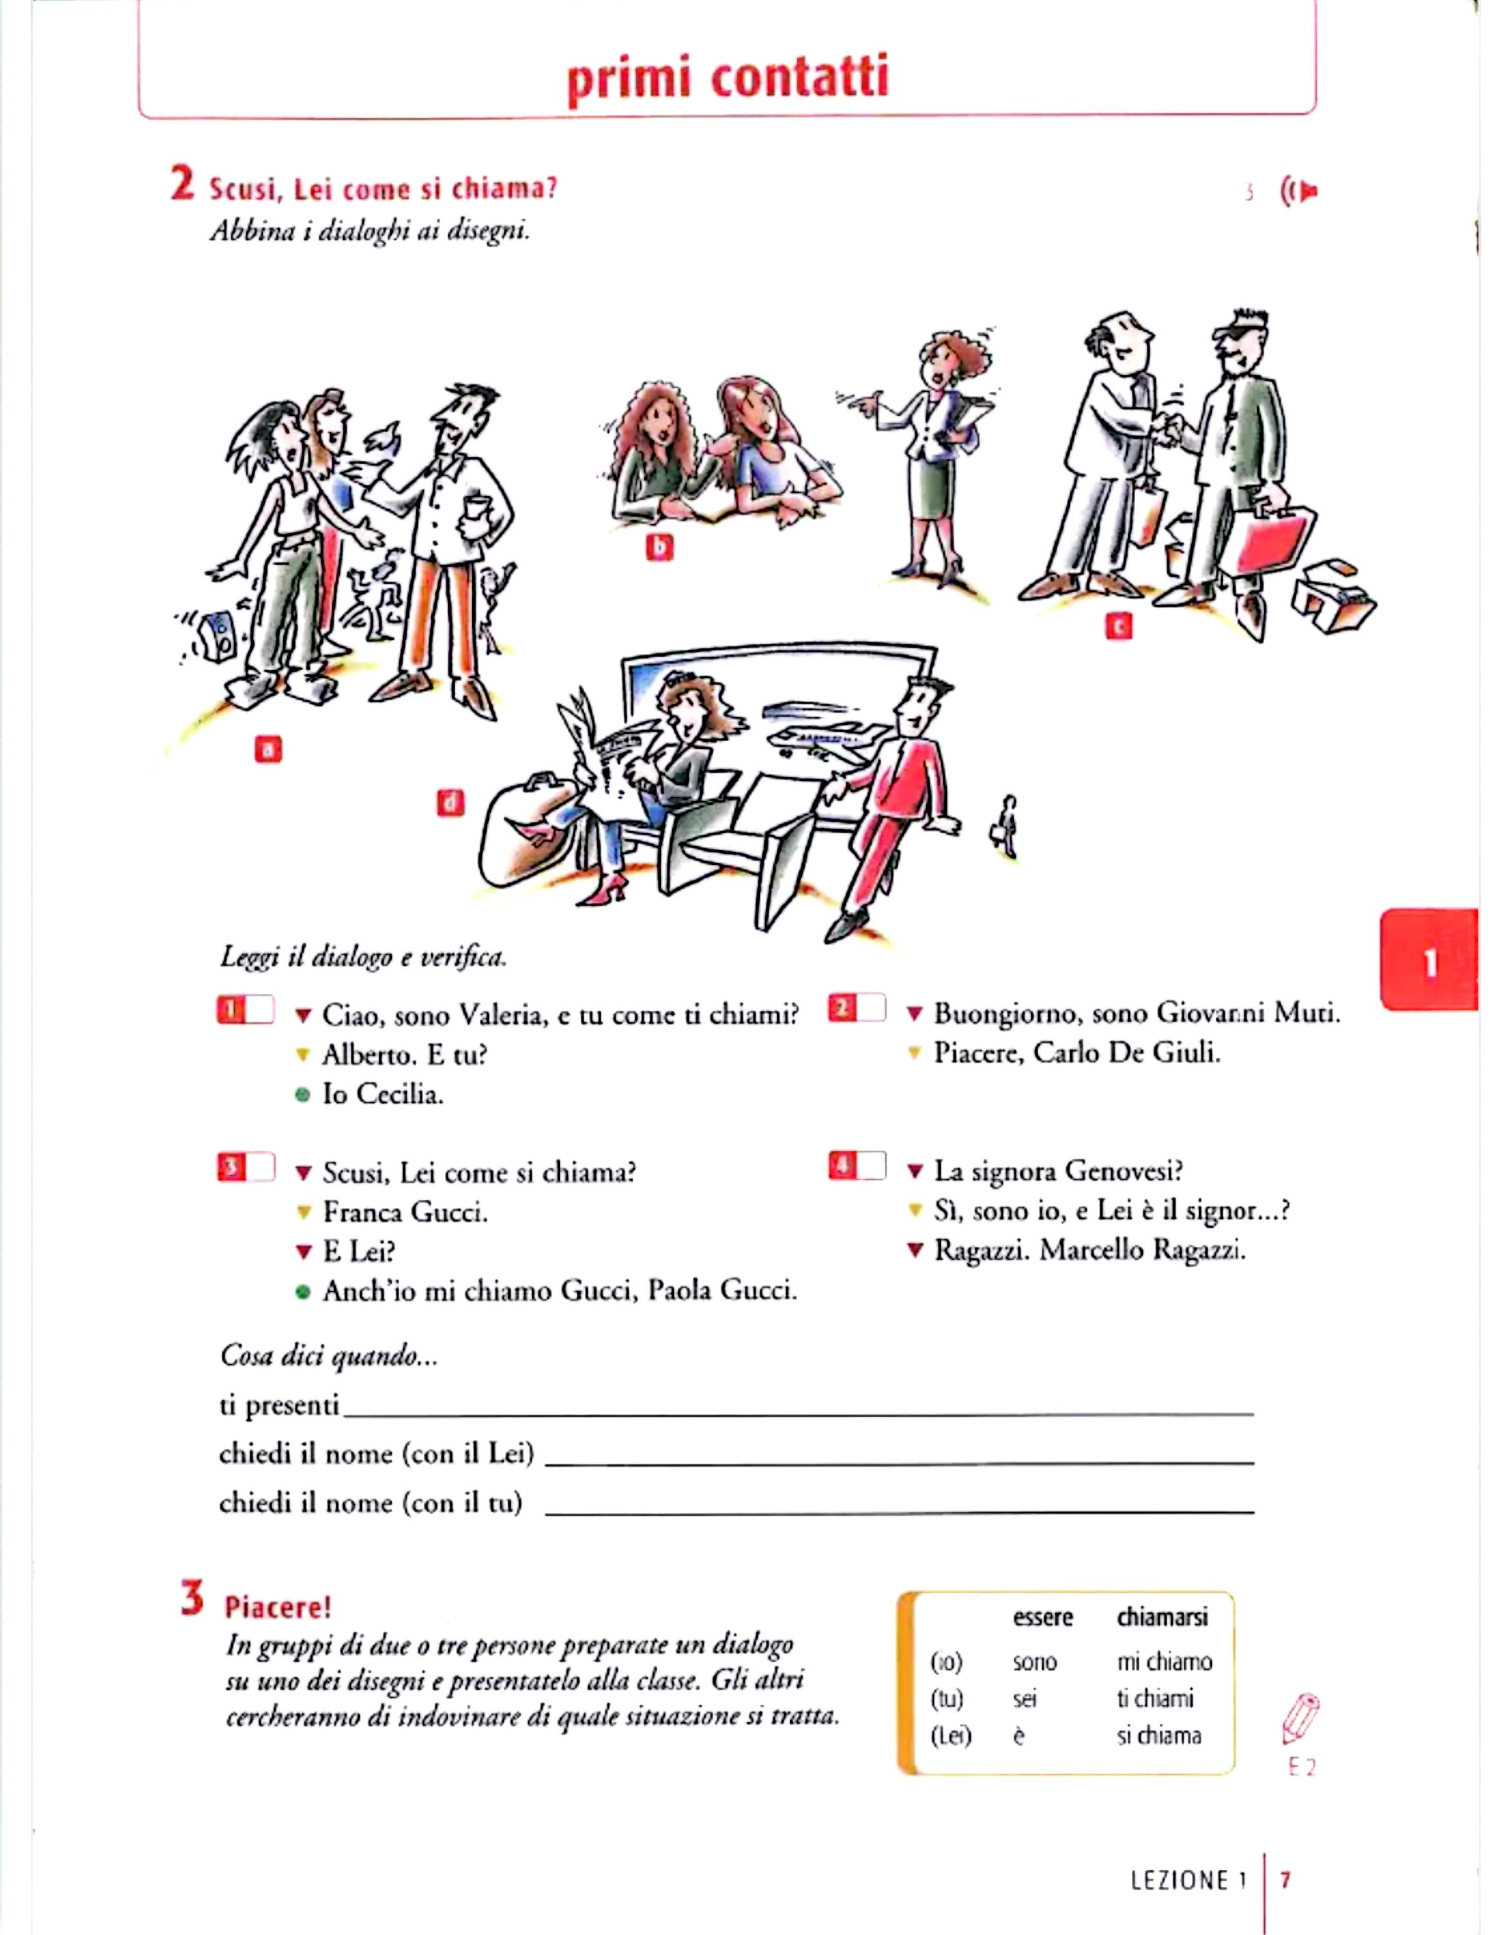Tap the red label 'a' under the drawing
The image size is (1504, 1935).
(268, 749)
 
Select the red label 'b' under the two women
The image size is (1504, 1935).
(659, 547)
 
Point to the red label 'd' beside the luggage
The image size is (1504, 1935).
(451, 803)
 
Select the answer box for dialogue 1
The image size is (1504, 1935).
(258, 1010)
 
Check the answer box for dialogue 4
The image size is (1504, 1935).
(870, 1166)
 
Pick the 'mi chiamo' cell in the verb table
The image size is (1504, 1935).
(1164, 1662)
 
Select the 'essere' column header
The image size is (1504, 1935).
(1042, 1617)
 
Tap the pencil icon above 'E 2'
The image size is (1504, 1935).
(1300, 1719)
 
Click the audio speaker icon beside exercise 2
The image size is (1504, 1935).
(1300, 190)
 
